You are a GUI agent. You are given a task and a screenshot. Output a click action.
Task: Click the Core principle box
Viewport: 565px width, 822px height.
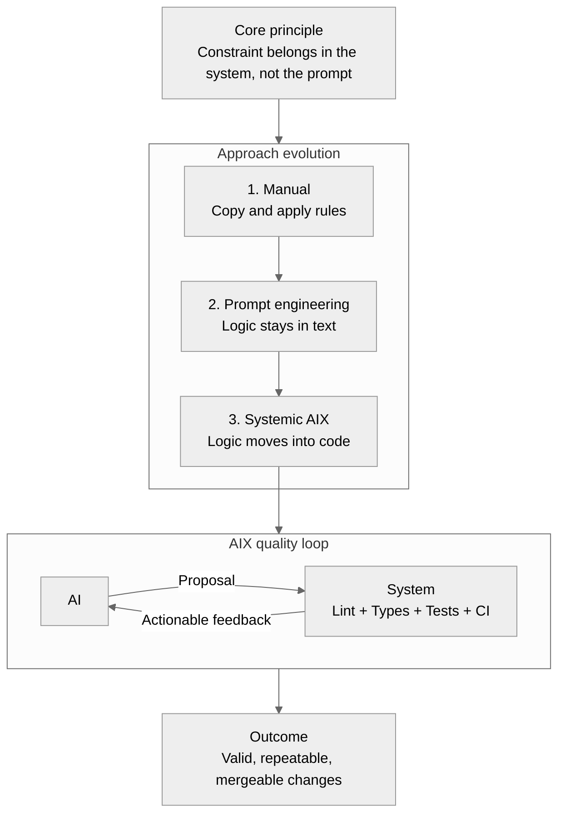click(x=278, y=52)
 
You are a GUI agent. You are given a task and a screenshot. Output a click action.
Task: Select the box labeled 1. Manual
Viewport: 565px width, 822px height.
click(x=278, y=200)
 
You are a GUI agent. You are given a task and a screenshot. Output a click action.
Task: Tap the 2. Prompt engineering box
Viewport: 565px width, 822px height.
click(x=278, y=316)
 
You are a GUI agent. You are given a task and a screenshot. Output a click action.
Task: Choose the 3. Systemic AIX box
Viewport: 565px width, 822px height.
click(x=278, y=431)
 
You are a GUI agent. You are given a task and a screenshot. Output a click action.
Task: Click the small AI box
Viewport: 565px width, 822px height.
click(x=74, y=601)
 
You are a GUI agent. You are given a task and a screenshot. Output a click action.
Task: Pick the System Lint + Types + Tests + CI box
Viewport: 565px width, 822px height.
click(x=411, y=601)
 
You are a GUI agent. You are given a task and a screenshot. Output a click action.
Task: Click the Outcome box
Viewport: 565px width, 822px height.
click(x=278, y=759)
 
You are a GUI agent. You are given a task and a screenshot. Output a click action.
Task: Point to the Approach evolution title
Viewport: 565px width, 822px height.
click(x=278, y=154)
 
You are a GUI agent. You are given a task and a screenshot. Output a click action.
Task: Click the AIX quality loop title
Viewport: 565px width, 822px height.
click(x=278, y=544)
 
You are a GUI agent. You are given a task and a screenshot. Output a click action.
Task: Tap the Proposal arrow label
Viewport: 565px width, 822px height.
click(x=207, y=581)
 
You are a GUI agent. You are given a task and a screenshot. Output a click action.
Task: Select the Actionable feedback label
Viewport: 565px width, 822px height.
click(x=206, y=620)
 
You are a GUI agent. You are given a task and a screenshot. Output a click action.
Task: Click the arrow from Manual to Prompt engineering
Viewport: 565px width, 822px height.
click(x=279, y=258)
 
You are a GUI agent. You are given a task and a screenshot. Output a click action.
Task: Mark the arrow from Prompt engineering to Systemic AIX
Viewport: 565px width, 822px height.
click(x=279, y=373)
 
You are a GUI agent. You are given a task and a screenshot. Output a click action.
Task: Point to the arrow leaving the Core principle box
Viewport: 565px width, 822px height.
click(x=279, y=120)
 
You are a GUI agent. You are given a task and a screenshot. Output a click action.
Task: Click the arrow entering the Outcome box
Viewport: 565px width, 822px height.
click(x=279, y=690)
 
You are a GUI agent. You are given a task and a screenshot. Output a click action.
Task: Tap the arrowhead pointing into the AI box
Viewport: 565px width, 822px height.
click(x=112, y=607)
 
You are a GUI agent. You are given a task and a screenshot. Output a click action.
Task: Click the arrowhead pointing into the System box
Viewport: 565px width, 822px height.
click(x=301, y=591)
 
